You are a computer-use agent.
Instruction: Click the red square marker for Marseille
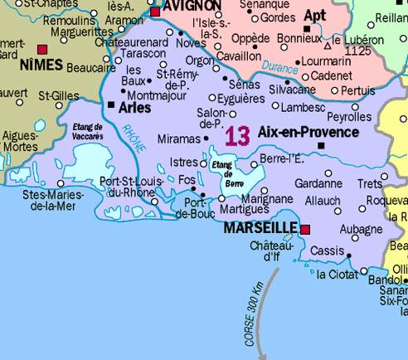(305, 229)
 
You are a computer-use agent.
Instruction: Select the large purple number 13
(237, 136)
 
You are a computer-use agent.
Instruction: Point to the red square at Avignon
(155, 12)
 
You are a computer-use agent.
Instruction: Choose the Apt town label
(315, 15)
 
